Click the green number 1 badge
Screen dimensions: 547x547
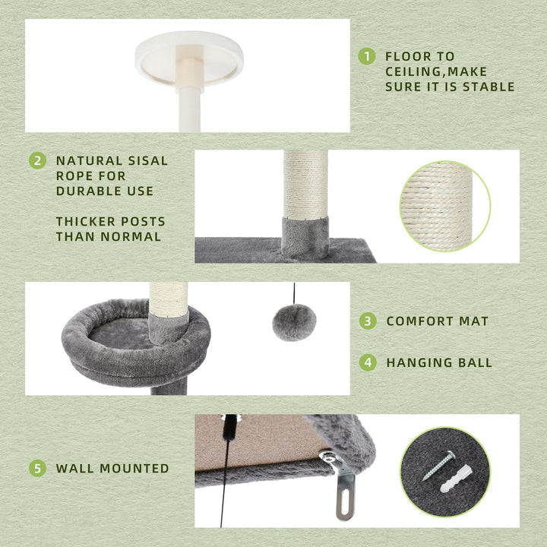pyautogui.click(x=367, y=55)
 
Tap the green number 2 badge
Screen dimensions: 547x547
pyautogui.click(x=37, y=161)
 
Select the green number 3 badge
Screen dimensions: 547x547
pyautogui.click(x=368, y=321)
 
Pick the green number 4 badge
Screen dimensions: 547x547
pyautogui.click(x=368, y=362)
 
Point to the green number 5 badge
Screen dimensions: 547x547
pyautogui.click(x=37, y=468)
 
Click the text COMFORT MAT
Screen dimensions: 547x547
pyautogui.click(x=437, y=321)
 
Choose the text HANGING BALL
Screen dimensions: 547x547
pyautogui.click(x=439, y=363)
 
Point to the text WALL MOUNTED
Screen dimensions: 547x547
pyautogui.click(x=112, y=469)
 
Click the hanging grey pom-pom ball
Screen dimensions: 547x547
pyautogui.click(x=294, y=322)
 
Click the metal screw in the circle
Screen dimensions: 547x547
pyautogui.click(x=438, y=464)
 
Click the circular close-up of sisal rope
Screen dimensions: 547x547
pyautogui.click(x=444, y=207)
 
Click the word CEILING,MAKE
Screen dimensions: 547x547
pyautogui.click(x=419, y=71)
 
